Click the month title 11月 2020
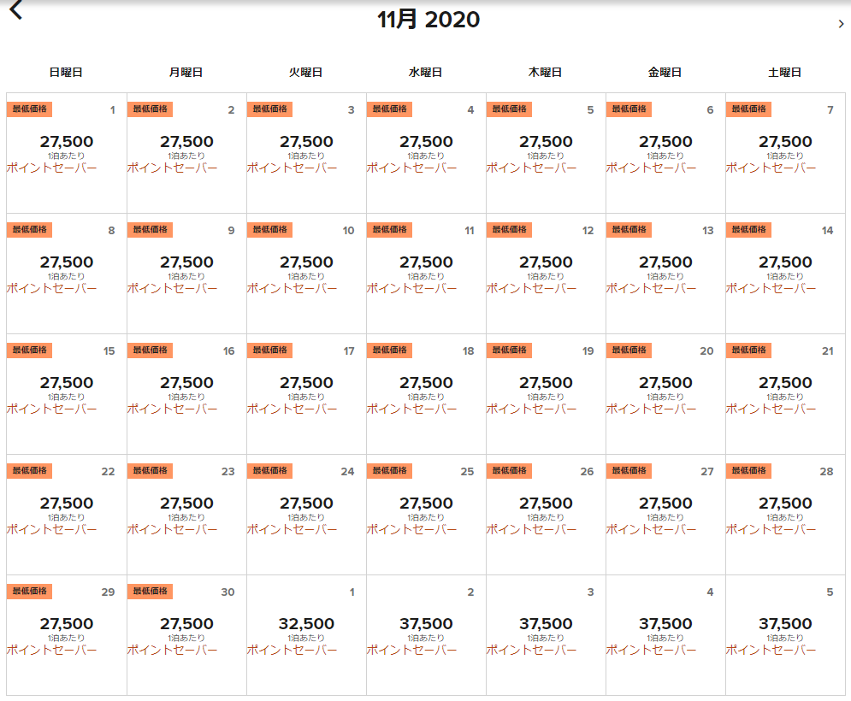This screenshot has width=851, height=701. click(428, 20)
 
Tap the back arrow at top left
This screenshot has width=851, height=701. click(15, 10)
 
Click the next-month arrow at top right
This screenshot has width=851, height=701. click(841, 24)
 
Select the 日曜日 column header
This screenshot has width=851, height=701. click(66, 73)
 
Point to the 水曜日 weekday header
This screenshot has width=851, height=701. click(425, 73)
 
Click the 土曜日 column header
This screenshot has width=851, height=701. click(784, 73)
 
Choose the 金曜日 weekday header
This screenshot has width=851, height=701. click(665, 73)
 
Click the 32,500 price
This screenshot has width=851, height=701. click(306, 624)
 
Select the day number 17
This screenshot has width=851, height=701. click(348, 351)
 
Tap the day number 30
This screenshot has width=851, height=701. click(228, 592)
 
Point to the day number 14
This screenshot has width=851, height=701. click(827, 231)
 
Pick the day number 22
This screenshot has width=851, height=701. click(108, 472)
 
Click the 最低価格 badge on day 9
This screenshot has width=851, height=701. click(150, 230)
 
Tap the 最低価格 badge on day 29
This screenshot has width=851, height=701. click(30, 592)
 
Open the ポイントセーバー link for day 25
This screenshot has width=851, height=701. click(411, 530)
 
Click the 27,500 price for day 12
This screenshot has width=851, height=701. click(546, 262)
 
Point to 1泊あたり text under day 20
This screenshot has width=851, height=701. click(665, 397)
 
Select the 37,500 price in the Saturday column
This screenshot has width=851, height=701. click(785, 624)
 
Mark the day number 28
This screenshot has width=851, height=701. click(826, 472)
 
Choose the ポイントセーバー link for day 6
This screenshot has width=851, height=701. click(651, 168)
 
